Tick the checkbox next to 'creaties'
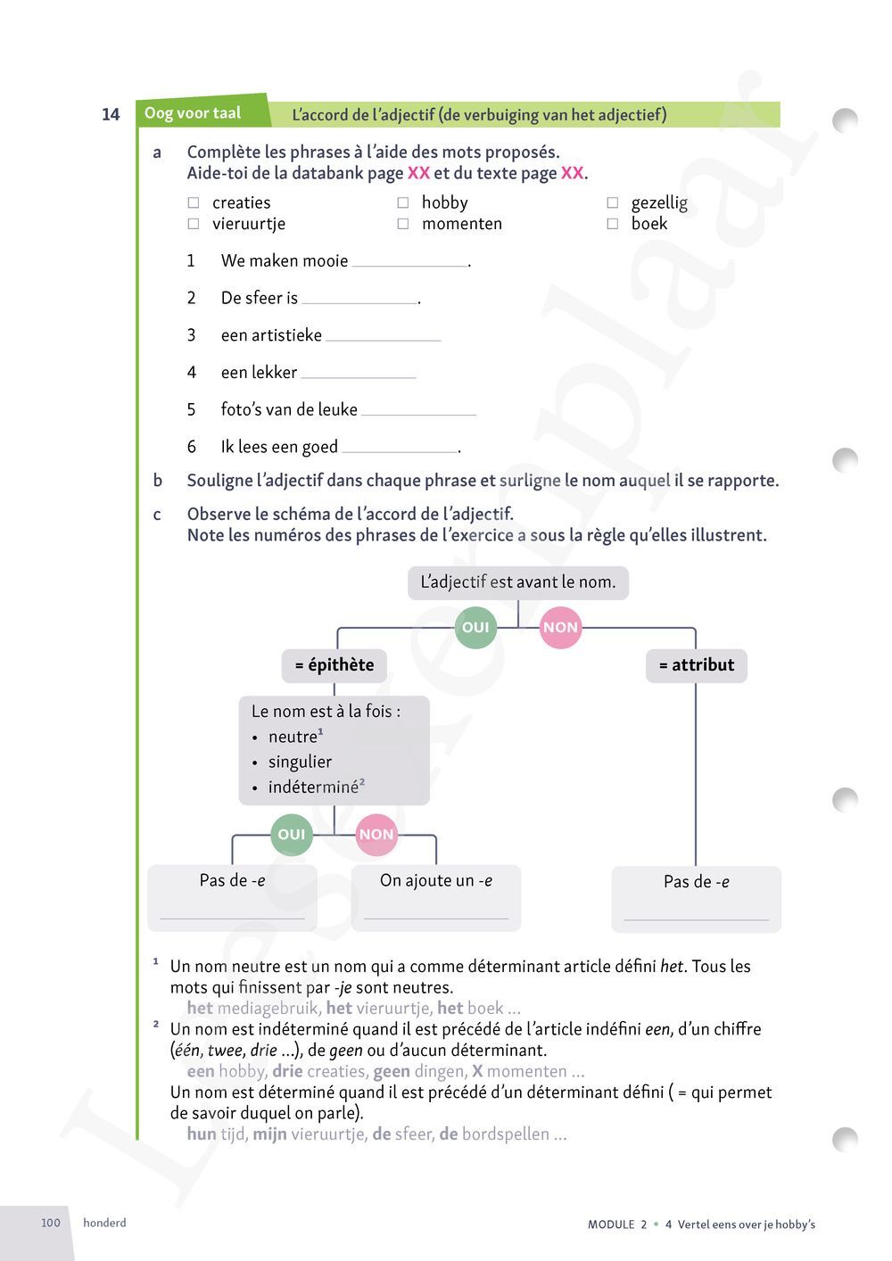[x=193, y=203]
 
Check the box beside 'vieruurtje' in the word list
[x=193, y=224]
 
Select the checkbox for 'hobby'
[x=403, y=203]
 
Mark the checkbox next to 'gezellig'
[x=613, y=203]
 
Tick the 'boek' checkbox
[x=613, y=224]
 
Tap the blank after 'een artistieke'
[x=384, y=338]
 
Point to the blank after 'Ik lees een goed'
[x=399, y=449]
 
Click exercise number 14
[x=111, y=114]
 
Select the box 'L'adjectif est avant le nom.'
[x=517, y=582]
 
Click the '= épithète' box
[x=334, y=665]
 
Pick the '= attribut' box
[x=696, y=665]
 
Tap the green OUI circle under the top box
[x=475, y=628]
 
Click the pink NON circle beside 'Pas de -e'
[x=376, y=835]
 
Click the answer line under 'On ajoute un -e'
[x=436, y=917]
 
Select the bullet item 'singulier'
[x=300, y=762]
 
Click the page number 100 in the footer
[x=51, y=1223]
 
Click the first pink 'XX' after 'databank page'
[x=418, y=173]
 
